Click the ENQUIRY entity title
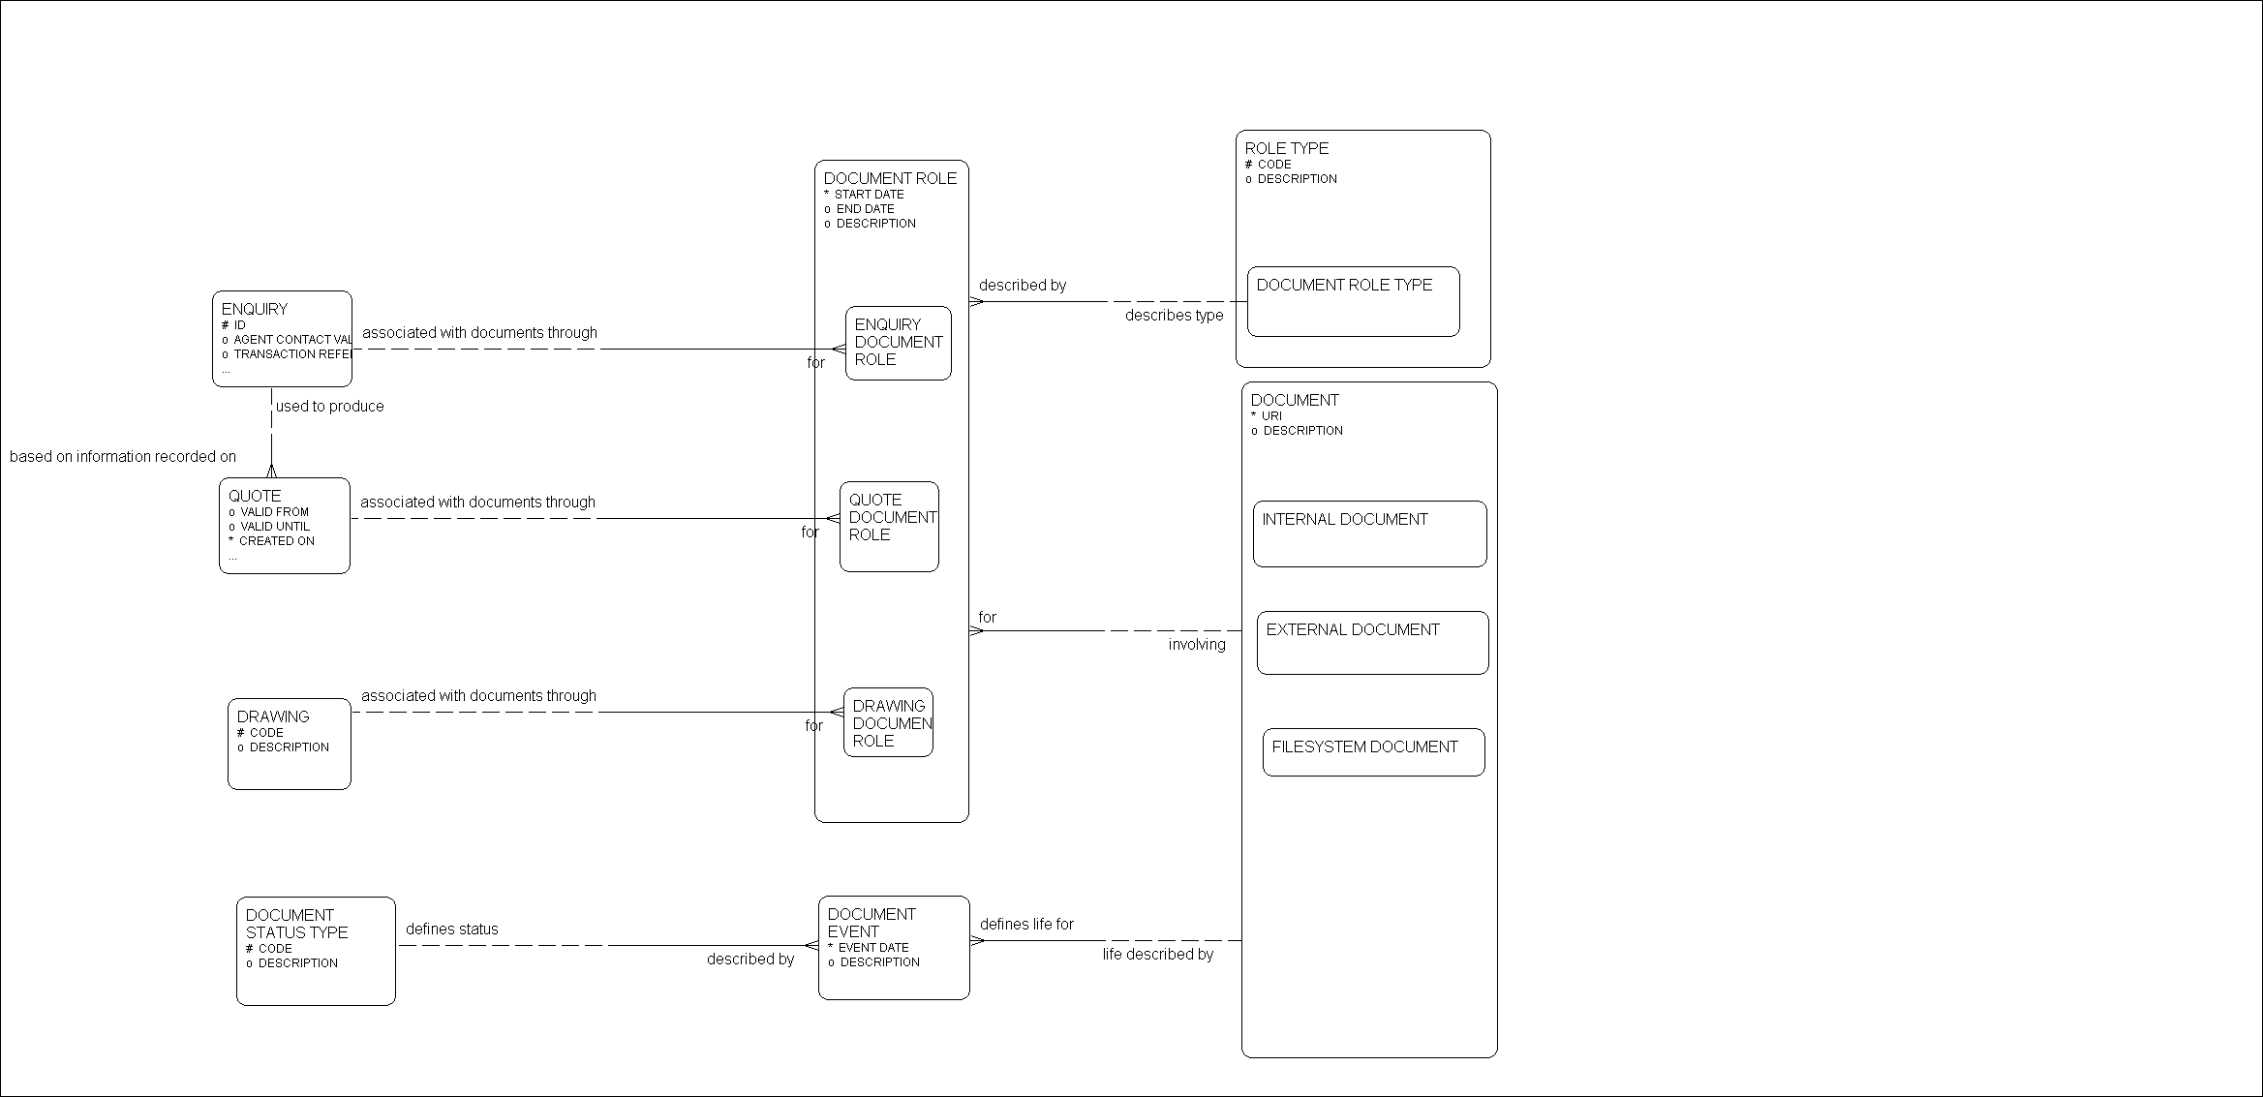tap(255, 310)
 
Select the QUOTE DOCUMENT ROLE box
tap(889, 527)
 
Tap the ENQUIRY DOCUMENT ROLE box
tap(898, 343)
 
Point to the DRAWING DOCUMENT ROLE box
tap(888, 722)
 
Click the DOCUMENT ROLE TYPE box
tap(1353, 302)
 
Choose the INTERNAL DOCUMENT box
tap(1369, 533)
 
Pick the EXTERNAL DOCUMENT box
tap(1372, 642)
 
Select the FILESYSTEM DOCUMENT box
tap(1373, 752)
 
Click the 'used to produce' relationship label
tap(329, 407)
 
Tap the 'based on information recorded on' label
tap(123, 457)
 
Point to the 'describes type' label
tap(1174, 316)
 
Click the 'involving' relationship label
tap(1197, 645)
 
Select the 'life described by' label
tap(1157, 955)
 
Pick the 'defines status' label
tap(452, 929)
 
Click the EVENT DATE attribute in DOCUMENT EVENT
tap(872, 948)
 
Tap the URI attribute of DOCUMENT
tap(1271, 416)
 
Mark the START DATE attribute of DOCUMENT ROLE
tap(869, 195)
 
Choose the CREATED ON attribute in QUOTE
tap(276, 541)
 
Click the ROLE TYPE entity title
tap(1286, 149)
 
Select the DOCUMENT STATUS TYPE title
tap(296, 924)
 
